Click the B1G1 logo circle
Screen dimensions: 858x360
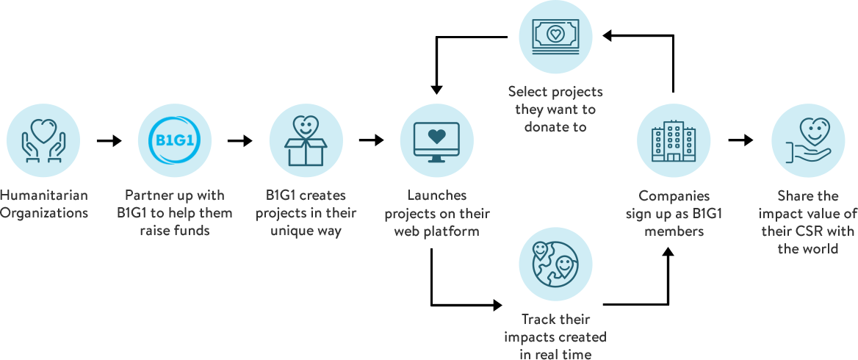(x=174, y=140)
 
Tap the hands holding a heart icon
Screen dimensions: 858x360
(x=43, y=140)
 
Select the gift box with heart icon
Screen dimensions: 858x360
(x=306, y=140)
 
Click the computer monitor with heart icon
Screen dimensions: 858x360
(x=436, y=140)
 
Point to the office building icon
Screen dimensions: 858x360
(x=674, y=140)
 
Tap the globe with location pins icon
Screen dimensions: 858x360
(x=555, y=262)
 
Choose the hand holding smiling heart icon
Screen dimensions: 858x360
(x=807, y=140)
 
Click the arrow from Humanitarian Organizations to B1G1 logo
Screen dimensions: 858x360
(x=109, y=141)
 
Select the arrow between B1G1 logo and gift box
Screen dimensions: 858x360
(x=239, y=141)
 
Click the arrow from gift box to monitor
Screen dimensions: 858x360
(x=371, y=141)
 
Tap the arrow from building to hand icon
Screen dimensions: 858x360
(x=741, y=141)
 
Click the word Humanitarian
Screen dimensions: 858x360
(x=44, y=195)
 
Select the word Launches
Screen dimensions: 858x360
(x=436, y=195)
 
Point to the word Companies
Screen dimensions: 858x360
(x=674, y=195)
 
